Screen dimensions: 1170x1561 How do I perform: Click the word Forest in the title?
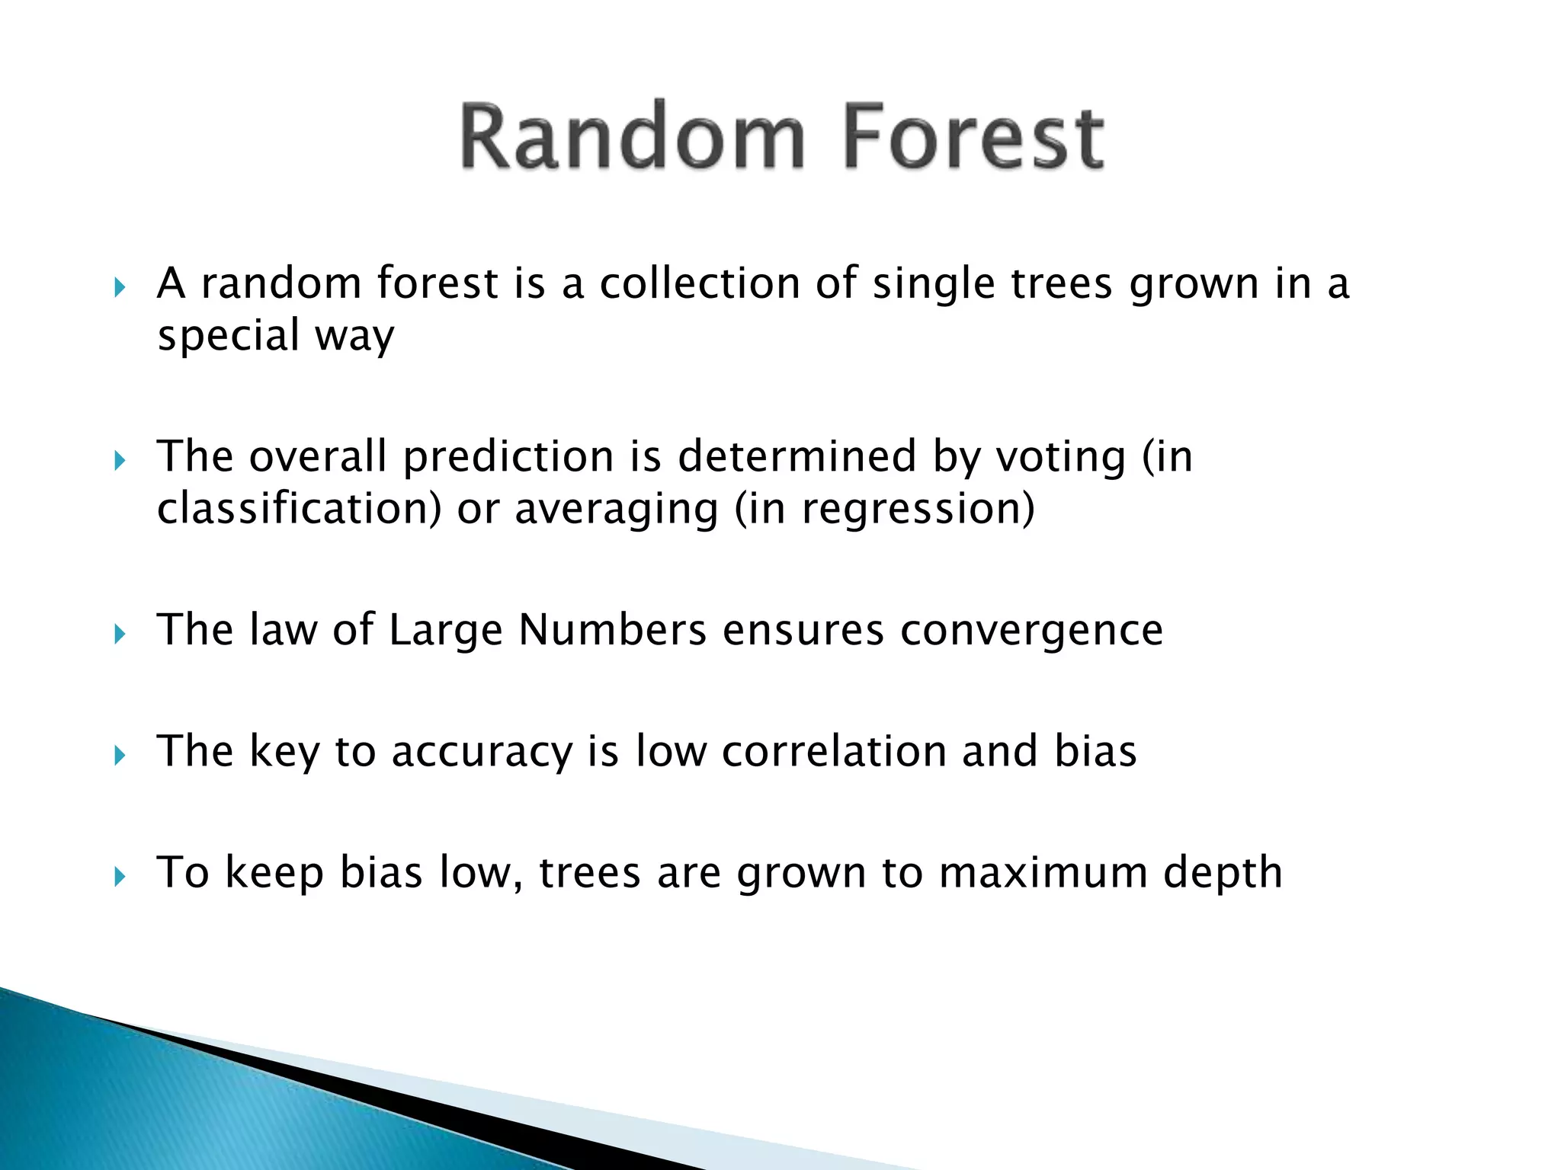973,137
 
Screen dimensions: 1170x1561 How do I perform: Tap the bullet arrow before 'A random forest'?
119,288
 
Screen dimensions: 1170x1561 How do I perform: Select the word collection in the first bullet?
699,283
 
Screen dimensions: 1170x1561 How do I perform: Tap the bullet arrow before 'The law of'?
119,634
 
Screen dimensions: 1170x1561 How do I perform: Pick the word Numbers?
612,631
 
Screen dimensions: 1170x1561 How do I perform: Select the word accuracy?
481,752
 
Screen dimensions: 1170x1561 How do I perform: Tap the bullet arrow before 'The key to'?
119,756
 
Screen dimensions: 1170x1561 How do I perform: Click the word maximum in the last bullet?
1043,873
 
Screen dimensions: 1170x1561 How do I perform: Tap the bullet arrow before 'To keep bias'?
119,877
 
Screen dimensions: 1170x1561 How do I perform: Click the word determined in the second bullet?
797,457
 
